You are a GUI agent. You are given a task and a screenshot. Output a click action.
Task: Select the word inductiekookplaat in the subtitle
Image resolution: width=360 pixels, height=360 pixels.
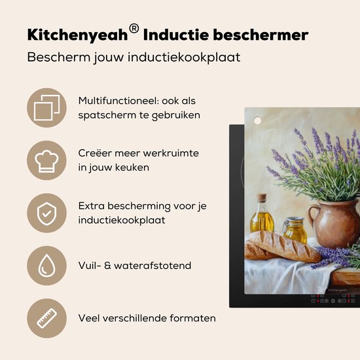(194, 57)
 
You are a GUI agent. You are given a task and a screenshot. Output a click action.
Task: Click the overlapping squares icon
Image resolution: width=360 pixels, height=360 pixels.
(46, 107)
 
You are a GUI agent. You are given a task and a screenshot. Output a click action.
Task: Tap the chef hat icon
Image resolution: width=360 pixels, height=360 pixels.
(46, 160)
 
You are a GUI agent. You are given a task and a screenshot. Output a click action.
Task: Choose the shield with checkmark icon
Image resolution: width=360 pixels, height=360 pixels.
(46, 213)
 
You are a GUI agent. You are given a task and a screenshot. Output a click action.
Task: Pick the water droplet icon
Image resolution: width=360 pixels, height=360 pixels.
(46, 266)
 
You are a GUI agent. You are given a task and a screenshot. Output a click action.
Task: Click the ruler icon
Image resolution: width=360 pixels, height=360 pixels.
(46, 318)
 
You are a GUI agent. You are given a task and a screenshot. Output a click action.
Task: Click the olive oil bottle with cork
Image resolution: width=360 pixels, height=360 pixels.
(261, 218)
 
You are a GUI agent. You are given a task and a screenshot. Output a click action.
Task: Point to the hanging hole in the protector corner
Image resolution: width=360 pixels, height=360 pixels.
(257, 120)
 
